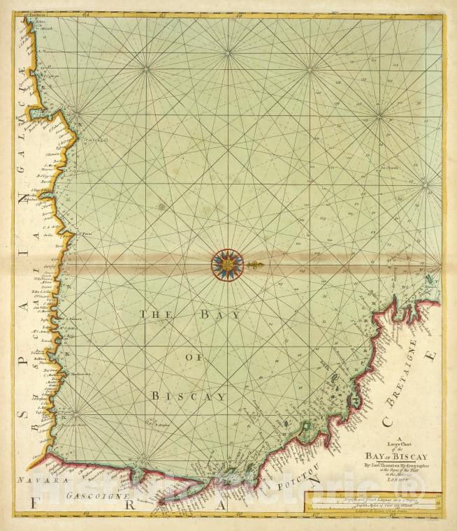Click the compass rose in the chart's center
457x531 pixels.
coord(228,265)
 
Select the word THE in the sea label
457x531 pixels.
coord(151,314)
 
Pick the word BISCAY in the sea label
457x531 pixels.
coord(189,396)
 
